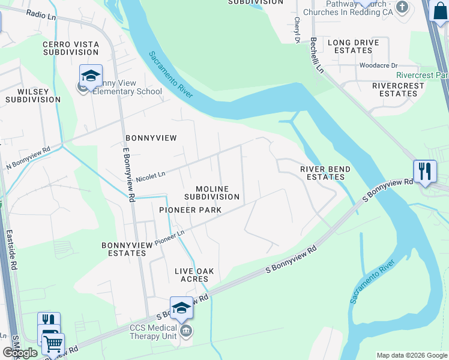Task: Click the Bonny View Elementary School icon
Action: tap(90, 76)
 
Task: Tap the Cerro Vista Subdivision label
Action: tap(71, 49)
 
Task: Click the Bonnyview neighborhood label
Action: tap(151, 138)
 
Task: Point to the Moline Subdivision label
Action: tap(212, 193)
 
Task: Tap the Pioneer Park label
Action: tap(190, 210)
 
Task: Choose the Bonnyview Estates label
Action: tap(124, 249)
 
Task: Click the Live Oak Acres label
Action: tap(194, 275)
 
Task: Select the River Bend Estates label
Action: tap(325, 173)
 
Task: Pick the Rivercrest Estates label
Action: tap(394, 89)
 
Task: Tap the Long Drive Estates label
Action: tap(353, 47)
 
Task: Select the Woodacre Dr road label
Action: tap(378, 65)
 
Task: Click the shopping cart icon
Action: tap(53, 343)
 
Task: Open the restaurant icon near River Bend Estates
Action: tap(424, 171)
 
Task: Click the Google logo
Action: tap(20, 353)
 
